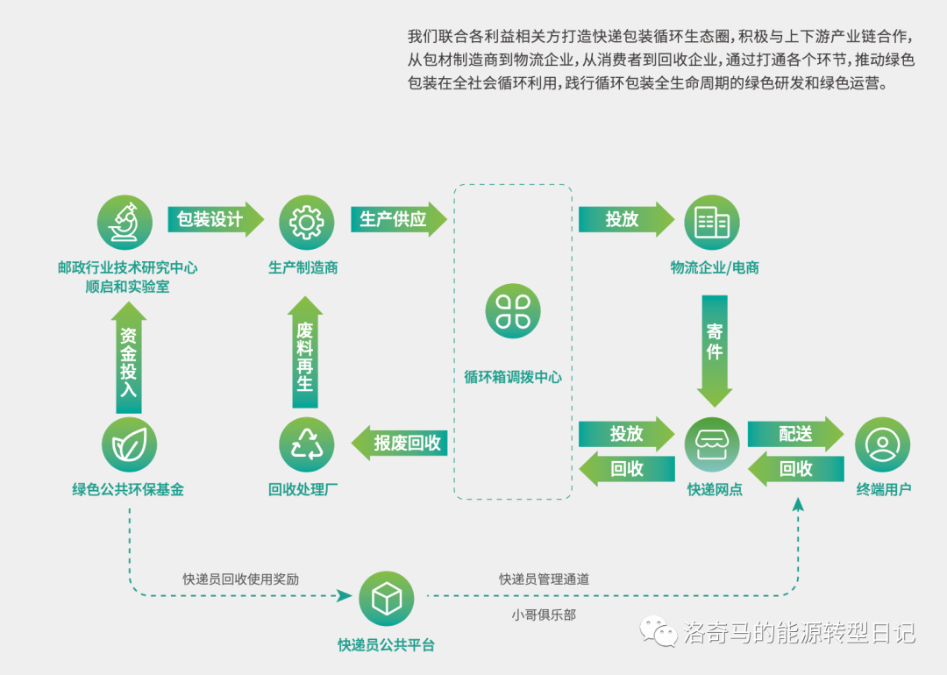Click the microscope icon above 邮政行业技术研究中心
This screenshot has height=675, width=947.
point(124,222)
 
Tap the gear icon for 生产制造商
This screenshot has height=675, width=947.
point(306,222)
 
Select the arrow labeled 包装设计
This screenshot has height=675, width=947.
point(214,219)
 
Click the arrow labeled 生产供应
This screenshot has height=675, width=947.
point(396,219)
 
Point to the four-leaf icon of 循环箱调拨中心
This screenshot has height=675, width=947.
point(513,310)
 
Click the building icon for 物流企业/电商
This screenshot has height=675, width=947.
point(711,222)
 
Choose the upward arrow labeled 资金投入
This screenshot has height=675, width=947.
point(129,359)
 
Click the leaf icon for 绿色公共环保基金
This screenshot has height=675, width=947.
point(129,445)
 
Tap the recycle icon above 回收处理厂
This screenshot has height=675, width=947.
point(306,445)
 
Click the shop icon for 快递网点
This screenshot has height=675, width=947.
point(711,445)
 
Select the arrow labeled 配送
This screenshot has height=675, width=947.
point(794,434)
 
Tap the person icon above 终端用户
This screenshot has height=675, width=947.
point(881,445)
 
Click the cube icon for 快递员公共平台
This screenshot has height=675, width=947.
point(386,599)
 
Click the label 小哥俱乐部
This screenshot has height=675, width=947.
point(544,615)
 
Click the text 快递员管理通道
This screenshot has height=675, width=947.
point(544,579)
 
